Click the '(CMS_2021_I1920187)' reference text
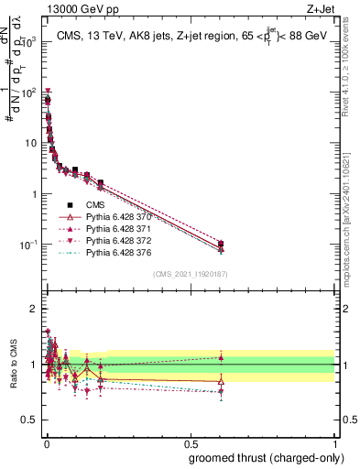click(190, 272)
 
